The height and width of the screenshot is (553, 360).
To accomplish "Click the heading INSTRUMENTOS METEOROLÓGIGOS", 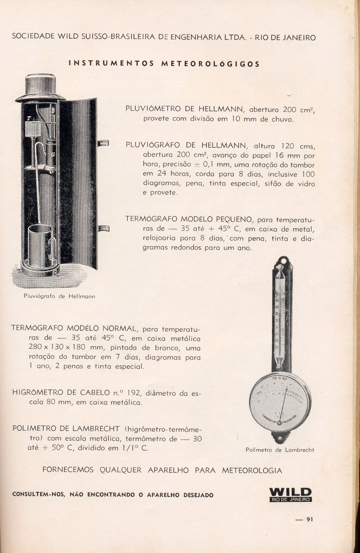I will (x=164, y=64).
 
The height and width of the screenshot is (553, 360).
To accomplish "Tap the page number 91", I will (x=309, y=519).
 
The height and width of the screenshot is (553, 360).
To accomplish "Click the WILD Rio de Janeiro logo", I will (x=290, y=494).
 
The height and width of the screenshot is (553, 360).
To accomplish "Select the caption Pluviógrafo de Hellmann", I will (x=60, y=296).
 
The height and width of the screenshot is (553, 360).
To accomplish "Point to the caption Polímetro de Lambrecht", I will (x=280, y=450).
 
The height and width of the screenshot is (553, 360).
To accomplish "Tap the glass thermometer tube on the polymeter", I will (x=281, y=316).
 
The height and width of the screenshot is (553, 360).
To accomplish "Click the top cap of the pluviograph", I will (x=40, y=86).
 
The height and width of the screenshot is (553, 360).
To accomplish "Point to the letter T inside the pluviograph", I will (x=29, y=118).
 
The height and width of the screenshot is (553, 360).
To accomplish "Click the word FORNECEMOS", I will (x=68, y=470).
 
